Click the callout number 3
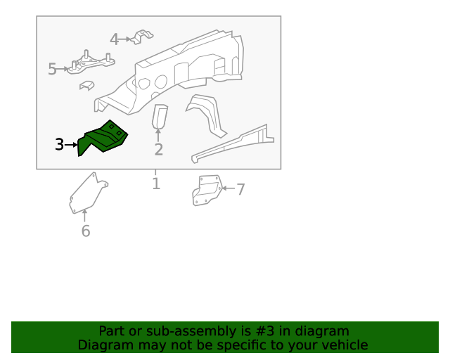(x=59, y=144)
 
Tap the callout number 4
(x=114, y=39)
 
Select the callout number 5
(x=52, y=69)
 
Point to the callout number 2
(x=159, y=150)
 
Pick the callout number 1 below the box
(x=156, y=184)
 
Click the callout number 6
(x=86, y=231)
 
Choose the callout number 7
(x=240, y=189)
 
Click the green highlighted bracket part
(x=103, y=138)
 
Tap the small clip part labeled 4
(x=142, y=37)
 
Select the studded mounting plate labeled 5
(x=91, y=64)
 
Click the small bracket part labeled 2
(x=160, y=116)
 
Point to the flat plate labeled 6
(x=89, y=193)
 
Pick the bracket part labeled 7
(x=207, y=191)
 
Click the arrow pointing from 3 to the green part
(x=71, y=145)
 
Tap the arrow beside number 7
(x=229, y=188)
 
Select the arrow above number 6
(x=84, y=216)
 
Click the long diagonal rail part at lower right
(x=233, y=143)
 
